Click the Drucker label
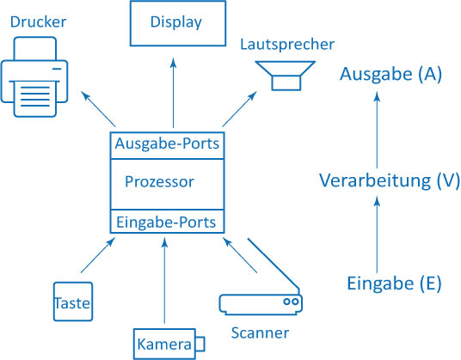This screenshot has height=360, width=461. click(38, 22)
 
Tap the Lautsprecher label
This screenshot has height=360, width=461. click(287, 45)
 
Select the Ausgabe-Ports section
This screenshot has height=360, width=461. click(167, 145)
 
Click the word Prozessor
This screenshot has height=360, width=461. click(159, 181)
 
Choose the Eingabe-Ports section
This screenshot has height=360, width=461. click(167, 222)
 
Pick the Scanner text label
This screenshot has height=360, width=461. click(260, 333)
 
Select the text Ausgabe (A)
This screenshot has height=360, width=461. click(390, 74)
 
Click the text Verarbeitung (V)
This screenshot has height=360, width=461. click(390, 180)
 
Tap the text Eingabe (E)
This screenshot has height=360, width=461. click(394, 284)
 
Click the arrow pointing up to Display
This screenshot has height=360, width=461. click(174, 93)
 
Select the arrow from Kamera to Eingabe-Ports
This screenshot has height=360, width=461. click(164, 281)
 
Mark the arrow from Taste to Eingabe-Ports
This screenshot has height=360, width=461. click(97, 255)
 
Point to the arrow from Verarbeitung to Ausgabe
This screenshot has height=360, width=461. click(378, 130)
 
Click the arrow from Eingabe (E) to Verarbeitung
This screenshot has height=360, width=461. click(378, 235)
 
